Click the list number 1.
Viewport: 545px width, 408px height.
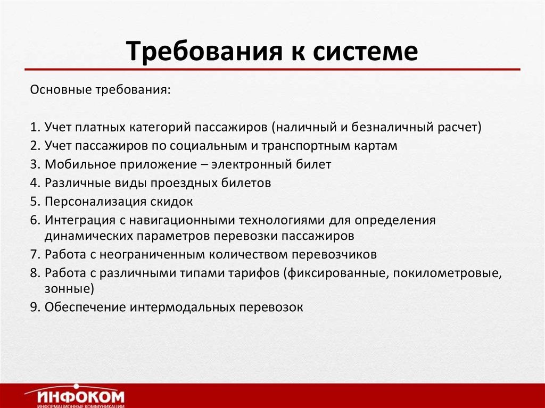[x=34, y=127]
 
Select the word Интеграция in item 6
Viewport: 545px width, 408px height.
[x=76, y=220]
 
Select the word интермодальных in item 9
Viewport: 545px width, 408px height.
[x=182, y=307]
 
